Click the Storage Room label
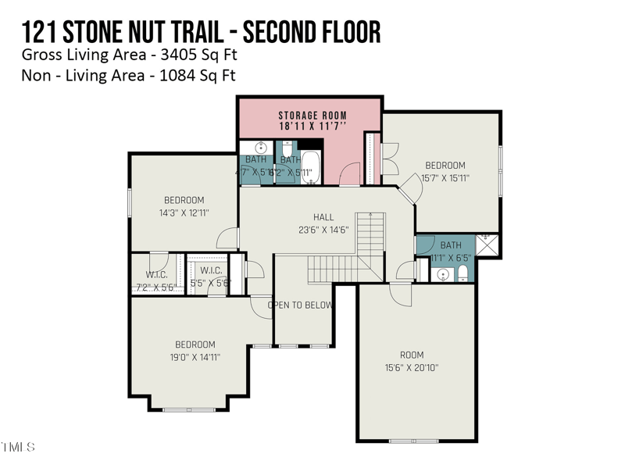(x=312, y=115)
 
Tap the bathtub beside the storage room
(x=310, y=166)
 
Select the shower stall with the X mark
(x=487, y=245)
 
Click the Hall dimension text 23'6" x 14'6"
(x=323, y=230)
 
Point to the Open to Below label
(x=301, y=305)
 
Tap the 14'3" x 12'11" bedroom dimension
(x=184, y=213)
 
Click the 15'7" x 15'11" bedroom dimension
(x=445, y=178)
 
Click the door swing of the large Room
(x=398, y=295)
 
